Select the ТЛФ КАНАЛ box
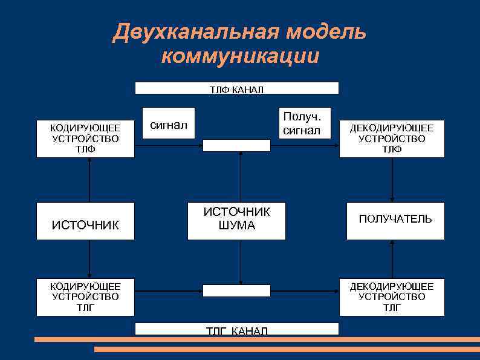tap(236, 88)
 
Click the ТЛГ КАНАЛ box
tap(236, 329)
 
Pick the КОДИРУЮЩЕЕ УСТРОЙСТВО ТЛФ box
tap(85, 139)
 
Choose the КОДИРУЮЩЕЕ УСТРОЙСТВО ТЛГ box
tap(85, 297)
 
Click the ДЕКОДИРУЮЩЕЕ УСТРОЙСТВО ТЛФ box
tap(392, 139)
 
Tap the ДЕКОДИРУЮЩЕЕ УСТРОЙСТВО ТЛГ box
tap(392, 297)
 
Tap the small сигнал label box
tap(169, 125)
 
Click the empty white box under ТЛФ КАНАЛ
tap(236, 145)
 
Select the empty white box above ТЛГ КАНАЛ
tap(236, 290)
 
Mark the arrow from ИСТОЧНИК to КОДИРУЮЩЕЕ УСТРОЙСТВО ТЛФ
tap(89, 180)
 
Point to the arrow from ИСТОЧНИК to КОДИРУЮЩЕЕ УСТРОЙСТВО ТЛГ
tap(89, 259)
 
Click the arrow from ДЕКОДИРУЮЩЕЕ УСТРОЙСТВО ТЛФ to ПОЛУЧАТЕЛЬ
tap(392, 180)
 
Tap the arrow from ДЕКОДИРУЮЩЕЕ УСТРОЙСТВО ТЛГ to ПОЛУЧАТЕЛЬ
tap(392, 259)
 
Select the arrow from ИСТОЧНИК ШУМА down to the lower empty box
tap(241, 262)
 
